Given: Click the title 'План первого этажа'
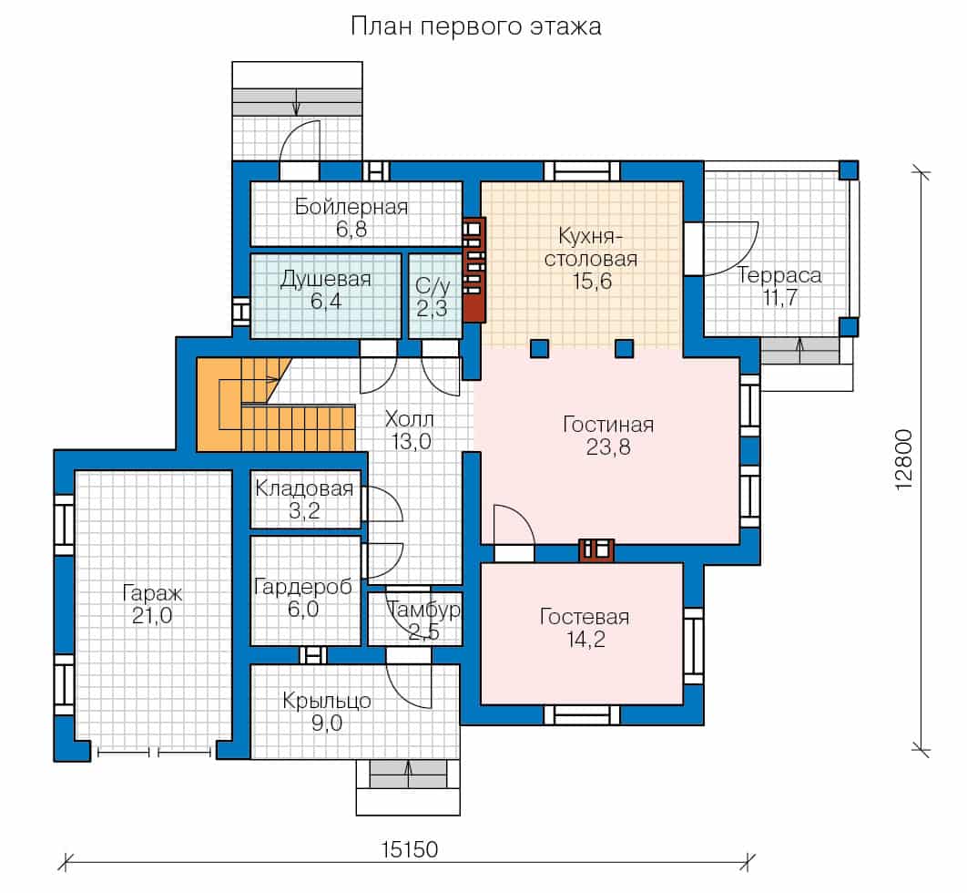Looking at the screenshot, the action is [475, 26].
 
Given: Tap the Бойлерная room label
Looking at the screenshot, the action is [351, 206].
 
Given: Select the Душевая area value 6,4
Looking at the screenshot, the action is [326, 302].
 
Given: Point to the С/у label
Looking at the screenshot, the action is [433, 286].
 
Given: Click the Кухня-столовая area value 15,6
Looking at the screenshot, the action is [592, 282].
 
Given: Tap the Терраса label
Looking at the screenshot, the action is [779, 275].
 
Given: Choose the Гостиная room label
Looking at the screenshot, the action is [608, 425].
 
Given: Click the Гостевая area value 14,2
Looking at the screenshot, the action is [585, 640].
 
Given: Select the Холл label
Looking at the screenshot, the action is [409, 420].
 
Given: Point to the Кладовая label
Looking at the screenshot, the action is [304, 488].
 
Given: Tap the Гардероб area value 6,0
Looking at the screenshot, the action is [303, 610].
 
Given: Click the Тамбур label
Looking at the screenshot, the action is [424, 610].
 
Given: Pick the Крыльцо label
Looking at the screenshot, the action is [326, 701].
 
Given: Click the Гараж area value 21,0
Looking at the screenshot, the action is [152, 616].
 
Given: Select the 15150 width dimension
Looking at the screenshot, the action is [410, 850].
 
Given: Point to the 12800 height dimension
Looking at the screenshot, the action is [903, 460].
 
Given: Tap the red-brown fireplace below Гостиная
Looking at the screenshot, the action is [596, 549].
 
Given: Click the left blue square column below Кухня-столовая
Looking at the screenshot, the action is [540, 349].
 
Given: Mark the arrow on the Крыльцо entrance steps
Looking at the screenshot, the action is [408, 774].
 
